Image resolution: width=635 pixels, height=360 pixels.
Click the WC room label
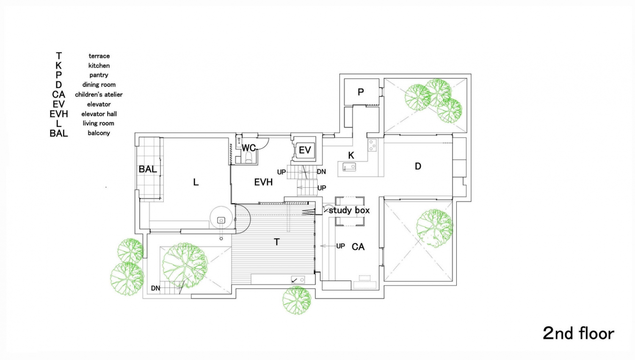click(248, 148)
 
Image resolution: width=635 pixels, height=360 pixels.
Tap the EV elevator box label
click(305, 150)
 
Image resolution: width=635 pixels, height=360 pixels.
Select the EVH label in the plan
click(263, 182)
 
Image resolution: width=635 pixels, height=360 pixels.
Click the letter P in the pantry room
click(361, 92)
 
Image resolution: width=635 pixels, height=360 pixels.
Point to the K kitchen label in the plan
click(351, 155)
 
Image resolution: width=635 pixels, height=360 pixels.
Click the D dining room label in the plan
click(418, 166)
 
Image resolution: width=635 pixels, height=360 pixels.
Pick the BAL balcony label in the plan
click(148, 169)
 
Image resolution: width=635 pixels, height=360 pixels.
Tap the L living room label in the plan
click(196, 182)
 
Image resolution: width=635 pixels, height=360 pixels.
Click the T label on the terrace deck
click(276, 242)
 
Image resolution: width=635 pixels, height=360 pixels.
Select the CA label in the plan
click(358, 246)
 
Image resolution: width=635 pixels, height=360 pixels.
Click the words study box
click(349, 210)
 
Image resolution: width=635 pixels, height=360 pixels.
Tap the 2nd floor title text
click(578, 333)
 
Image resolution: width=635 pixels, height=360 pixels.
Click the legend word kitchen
click(99, 66)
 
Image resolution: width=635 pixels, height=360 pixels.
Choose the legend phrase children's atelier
click(99, 94)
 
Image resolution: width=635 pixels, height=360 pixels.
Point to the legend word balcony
click(99, 133)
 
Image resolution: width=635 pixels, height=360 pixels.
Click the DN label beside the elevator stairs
click(321, 172)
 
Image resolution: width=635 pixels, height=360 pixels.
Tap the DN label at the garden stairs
click(155, 288)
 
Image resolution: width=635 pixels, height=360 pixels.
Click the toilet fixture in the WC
click(248, 158)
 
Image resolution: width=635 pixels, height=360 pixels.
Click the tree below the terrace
click(296, 300)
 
